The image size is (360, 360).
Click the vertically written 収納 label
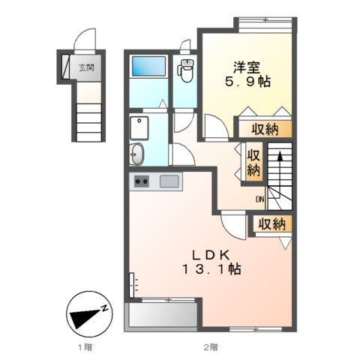(x=253, y=161)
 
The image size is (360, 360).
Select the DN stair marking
(x=259, y=199)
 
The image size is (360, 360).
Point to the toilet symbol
(x=185, y=73)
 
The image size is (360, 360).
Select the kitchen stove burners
(x=141, y=181)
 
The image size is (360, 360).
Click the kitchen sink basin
(x=168, y=181)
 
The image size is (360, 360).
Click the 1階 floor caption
(x=85, y=347)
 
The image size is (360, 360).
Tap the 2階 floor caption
(x=210, y=347)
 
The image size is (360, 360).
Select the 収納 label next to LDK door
(x=272, y=224)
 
